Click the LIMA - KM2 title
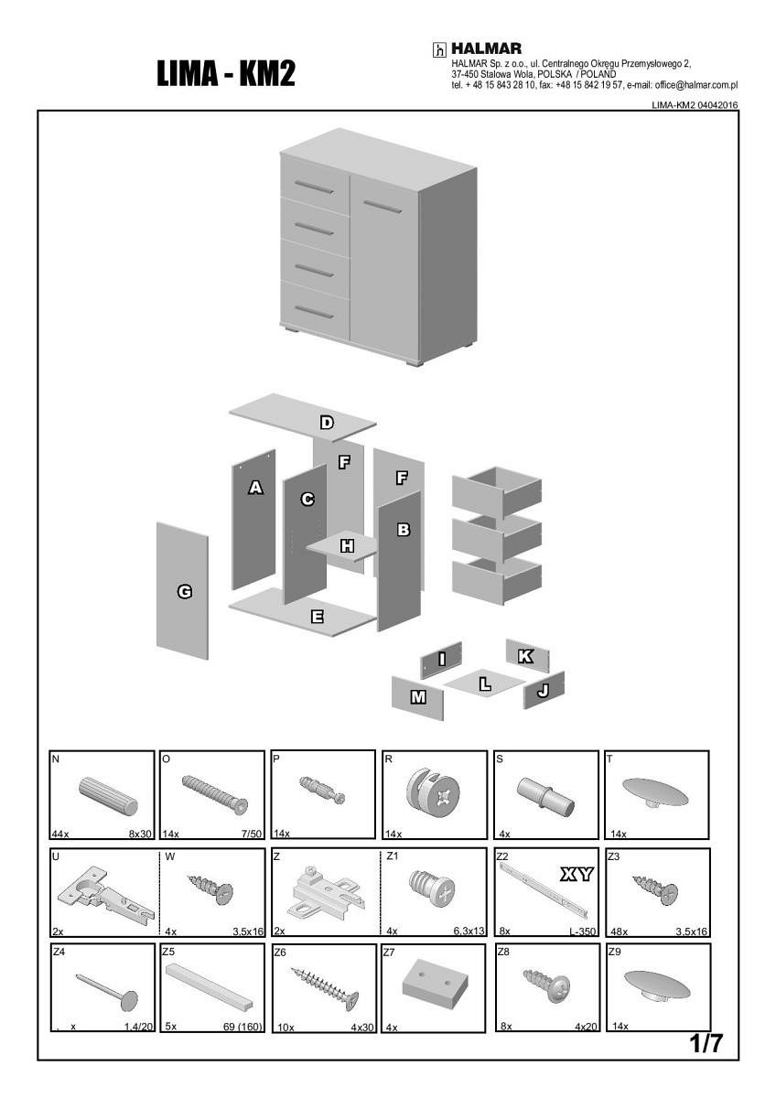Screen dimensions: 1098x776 [226, 73]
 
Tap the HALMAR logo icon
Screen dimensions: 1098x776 [439, 49]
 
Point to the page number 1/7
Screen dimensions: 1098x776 [706, 1044]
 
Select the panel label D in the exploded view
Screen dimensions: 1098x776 [327, 422]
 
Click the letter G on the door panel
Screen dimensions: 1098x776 [184, 592]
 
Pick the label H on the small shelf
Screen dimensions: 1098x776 [347, 546]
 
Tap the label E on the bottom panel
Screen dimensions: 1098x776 [317, 617]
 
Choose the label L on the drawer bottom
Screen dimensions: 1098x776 [485, 683]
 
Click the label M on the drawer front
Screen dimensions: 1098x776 [418, 697]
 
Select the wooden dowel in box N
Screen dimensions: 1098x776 [107, 795]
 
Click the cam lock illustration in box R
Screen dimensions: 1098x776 [433, 792]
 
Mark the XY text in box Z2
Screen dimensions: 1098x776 [577, 875]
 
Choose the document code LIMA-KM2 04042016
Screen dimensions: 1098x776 [695, 105]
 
